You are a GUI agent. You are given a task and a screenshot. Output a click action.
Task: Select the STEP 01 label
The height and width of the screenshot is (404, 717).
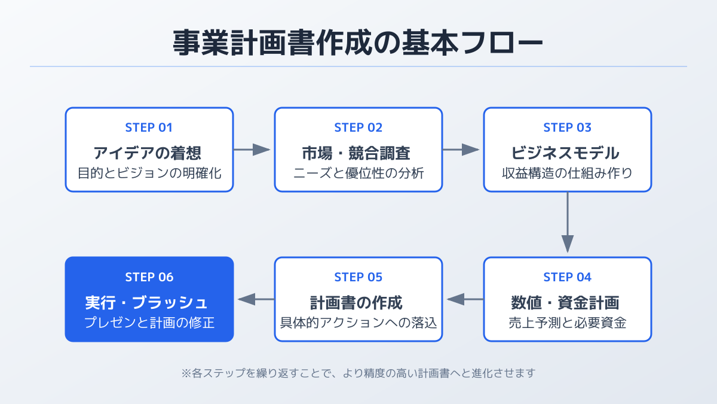[x=149, y=127]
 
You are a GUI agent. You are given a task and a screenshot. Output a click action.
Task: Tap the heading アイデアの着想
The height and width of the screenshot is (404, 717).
[x=149, y=153]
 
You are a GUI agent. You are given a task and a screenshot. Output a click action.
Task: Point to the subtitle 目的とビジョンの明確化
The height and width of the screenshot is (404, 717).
[x=149, y=174]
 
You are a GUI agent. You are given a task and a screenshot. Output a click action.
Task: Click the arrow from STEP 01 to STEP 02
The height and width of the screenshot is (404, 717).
[x=253, y=150]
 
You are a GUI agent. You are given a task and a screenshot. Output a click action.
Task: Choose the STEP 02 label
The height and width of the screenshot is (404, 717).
[x=358, y=127]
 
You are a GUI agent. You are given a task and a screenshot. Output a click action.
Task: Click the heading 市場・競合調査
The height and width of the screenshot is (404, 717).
[x=358, y=153]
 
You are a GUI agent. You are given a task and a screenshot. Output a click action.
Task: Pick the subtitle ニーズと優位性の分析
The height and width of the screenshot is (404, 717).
[x=358, y=174]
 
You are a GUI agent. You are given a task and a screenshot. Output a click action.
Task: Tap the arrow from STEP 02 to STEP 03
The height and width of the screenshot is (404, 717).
[x=462, y=150]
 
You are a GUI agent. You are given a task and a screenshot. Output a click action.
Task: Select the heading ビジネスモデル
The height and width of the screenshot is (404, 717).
[x=567, y=153]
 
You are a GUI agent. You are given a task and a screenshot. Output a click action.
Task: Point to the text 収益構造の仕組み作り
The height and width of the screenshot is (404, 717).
[x=567, y=174]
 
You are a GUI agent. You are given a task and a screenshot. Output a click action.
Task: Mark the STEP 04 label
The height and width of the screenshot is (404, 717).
[x=567, y=277]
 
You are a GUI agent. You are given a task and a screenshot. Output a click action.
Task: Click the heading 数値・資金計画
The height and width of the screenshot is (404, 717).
[x=567, y=302]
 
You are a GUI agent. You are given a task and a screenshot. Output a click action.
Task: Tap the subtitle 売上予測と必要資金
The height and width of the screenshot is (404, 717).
[x=567, y=323]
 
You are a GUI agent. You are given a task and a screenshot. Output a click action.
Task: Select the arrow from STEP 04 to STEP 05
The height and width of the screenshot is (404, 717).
[x=463, y=299]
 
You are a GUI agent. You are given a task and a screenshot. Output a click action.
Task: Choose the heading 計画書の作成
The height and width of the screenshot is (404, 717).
[x=358, y=302]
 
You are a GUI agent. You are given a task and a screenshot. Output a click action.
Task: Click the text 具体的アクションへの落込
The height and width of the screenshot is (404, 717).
[x=358, y=323]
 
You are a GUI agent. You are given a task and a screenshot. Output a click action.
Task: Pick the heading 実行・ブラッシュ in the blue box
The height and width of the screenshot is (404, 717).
[x=149, y=302]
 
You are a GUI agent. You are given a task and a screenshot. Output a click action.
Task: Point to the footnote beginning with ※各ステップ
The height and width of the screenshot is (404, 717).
[x=358, y=373]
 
